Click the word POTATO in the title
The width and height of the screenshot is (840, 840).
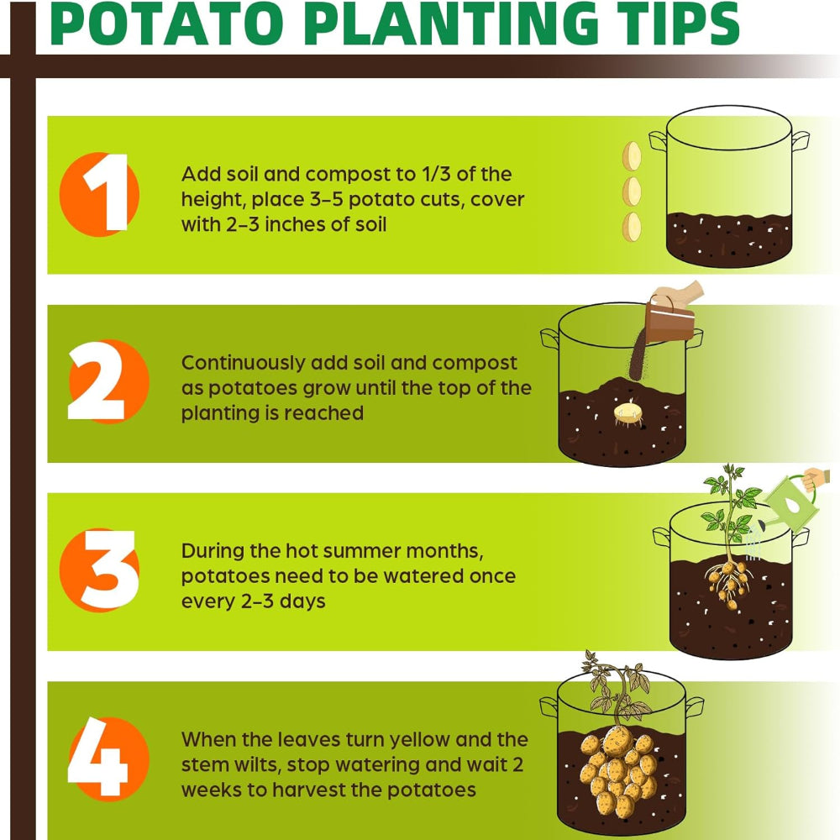point(166,24)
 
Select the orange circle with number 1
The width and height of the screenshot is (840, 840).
point(100,195)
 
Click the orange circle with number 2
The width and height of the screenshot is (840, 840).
point(108,381)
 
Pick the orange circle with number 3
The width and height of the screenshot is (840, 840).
point(100,570)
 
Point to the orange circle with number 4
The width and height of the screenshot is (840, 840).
point(108,759)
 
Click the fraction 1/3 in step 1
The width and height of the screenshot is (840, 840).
point(435,174)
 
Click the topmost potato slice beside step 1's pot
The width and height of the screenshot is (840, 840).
point(633,156)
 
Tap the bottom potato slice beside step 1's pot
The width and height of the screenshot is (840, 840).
point(633,227)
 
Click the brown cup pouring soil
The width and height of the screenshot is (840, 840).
point(670,322)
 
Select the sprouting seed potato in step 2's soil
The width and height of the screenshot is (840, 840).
point(627,413)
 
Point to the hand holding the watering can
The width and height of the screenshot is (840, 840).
point(816,479)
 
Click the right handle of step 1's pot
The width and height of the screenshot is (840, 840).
point(800,140)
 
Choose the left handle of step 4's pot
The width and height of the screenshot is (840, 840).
point(549,707)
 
